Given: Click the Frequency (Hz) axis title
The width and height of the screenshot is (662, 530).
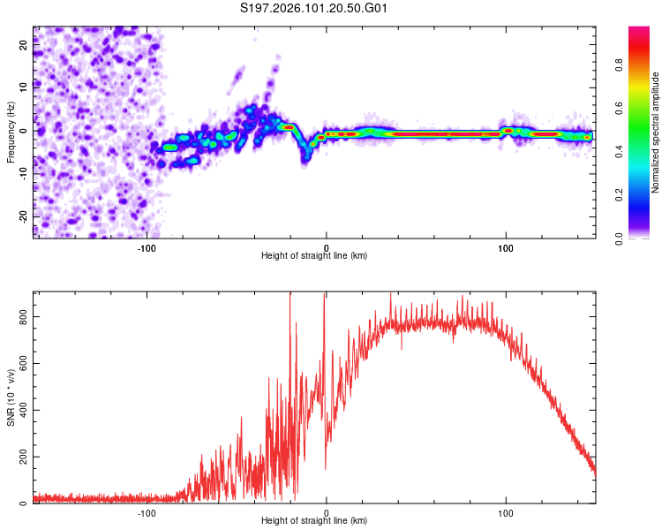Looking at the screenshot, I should click(11, 132).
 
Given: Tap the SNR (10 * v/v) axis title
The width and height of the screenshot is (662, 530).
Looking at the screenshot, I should click(11, 397).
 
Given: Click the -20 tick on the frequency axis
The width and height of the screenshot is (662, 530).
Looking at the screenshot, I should click(24, 216).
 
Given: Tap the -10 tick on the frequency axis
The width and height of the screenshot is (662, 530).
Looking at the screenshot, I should click(24, 173).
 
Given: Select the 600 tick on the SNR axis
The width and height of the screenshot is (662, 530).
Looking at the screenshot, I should click(22, 362).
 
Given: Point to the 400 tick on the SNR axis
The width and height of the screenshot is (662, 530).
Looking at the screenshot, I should click(22, 409).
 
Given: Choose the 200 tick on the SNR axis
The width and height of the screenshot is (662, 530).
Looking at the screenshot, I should click(22, 457).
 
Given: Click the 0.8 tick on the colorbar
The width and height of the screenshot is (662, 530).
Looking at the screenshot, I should click(621, 64).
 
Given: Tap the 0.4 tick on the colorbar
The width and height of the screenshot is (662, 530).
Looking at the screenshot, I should click(621, 151).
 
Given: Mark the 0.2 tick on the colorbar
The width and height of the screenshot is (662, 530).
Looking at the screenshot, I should click(621, 194).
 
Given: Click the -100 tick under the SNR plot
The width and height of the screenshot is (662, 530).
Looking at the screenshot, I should click(147, 512).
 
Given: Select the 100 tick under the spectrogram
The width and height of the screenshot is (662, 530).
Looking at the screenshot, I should click(506, 247).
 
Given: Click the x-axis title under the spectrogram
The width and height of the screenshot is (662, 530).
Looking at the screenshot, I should click(314, 256).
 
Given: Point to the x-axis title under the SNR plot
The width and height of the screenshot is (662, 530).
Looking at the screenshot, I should click(314, 521).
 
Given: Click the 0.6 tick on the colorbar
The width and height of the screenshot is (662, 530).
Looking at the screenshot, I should click(621, 108).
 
